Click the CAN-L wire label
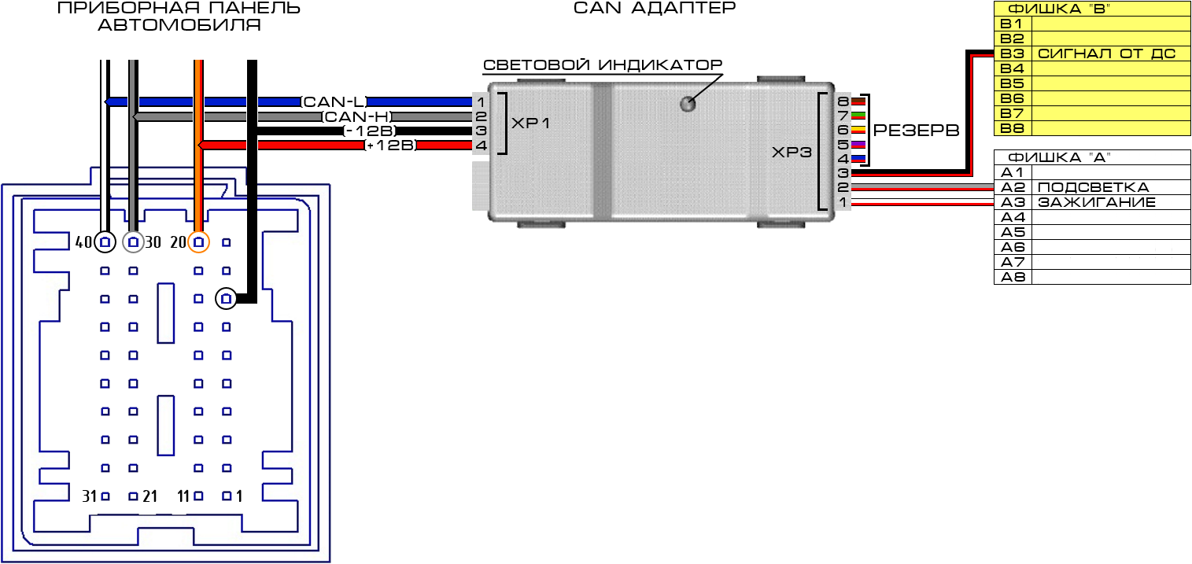[334, 101]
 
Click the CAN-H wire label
[356, 116]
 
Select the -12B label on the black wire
[369, 131]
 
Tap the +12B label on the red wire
[390, 146]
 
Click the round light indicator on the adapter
[689, 103]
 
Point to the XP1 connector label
[532, 123]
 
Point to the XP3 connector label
[791, 152]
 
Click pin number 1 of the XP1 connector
[481, 101]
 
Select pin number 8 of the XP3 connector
[843, 101]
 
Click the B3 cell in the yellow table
[1011, 53]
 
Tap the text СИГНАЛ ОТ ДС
[1107, 53]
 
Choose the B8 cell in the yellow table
[1011, 128]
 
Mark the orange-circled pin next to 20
[199, 241]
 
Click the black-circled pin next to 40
[105, 241]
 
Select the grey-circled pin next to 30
[134, 241]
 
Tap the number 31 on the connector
[90, 496]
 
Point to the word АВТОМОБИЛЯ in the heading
[179, 25]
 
